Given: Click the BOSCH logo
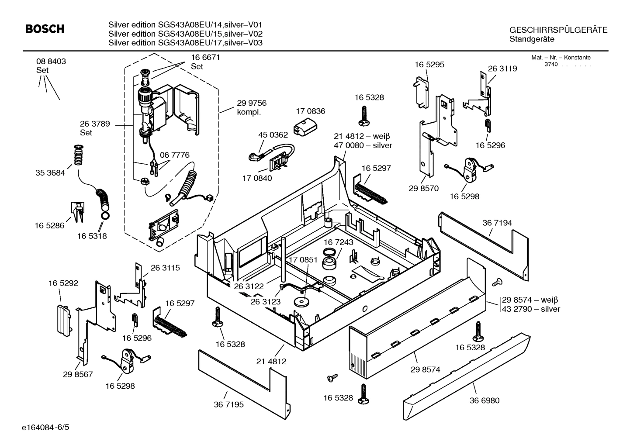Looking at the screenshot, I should [x=45, y=29].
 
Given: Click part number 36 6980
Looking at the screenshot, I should [x=485, y=400].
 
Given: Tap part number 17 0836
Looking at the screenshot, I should [x=310, y=112].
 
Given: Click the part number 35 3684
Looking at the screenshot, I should [x=50, y=173].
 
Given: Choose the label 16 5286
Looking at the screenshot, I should [x=49, y=226].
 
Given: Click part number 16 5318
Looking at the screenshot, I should [x=92, y=236].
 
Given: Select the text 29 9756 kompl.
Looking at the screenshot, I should [x=251, y=107].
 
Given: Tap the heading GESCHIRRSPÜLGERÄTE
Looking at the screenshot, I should [x=558, y=30].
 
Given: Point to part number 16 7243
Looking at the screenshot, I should [x=338, y=242].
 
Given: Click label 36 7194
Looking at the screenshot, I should [x=497, y=223].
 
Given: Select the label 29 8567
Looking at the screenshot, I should [x=78, y=374].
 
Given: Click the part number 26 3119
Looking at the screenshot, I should [x=502, y=69].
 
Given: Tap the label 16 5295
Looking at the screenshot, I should [x=429, y=65].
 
